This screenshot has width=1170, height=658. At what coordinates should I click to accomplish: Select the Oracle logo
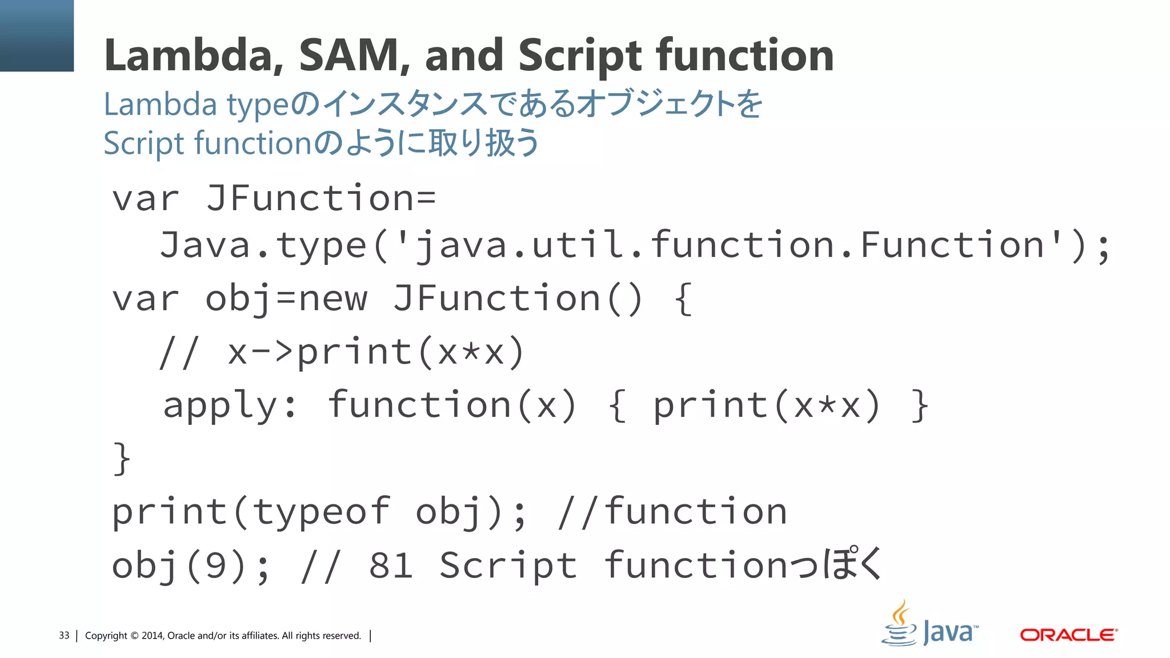coord(1068,635)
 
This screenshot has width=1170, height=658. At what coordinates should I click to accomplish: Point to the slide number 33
coord(64,636)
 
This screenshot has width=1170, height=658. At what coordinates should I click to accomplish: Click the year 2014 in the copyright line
coord(152,636)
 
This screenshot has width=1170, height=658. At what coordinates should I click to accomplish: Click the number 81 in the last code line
coord(391,566)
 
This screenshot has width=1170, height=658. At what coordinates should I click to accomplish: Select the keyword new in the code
coord(333,299)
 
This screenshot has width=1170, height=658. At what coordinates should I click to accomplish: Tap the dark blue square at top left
coord(37,35)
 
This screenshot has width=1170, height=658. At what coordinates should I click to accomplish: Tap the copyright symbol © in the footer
coord(134,636)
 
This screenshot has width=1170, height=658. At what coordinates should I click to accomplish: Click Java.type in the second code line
coord(263,246)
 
